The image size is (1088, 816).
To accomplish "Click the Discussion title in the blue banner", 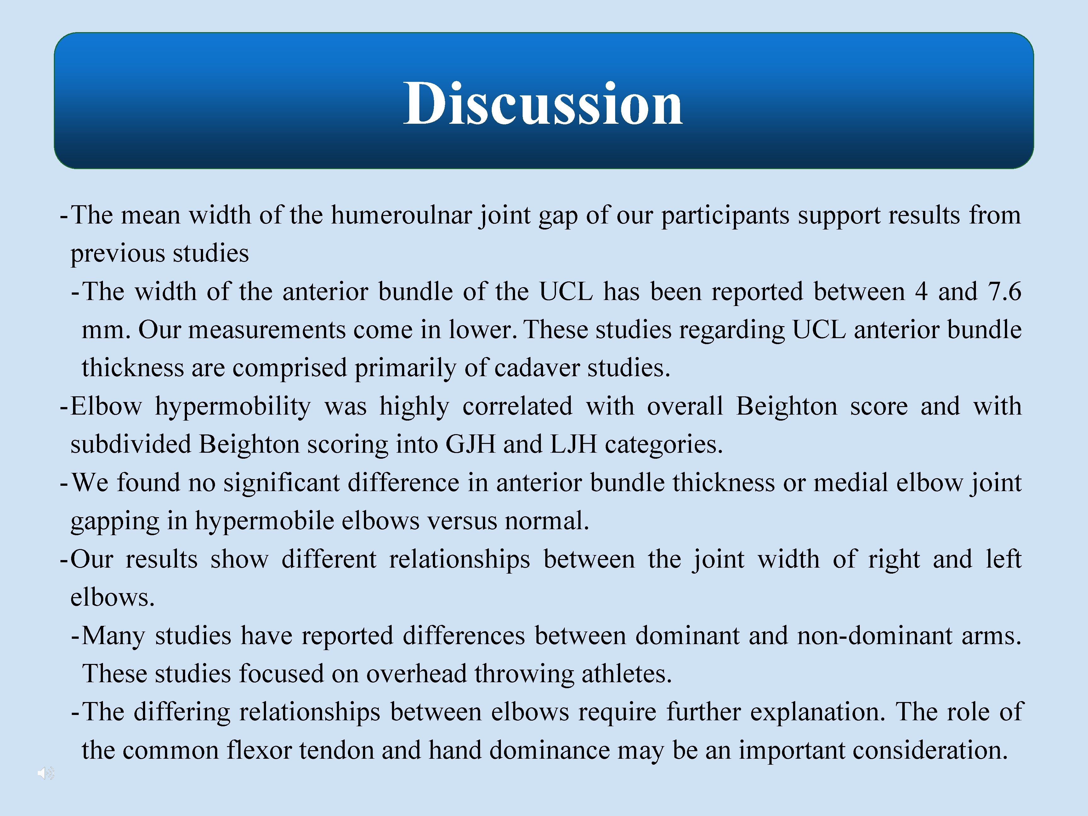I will pyautogui.click(x=543, y=104).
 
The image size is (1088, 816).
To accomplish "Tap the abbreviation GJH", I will pyautogui.click(x=470, y=445).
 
